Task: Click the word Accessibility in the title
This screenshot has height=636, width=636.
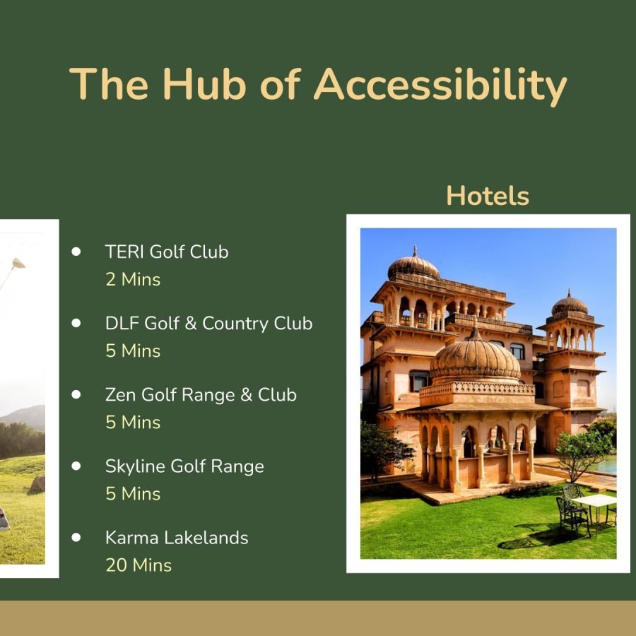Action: coord(440,85)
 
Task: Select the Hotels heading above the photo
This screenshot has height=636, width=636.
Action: coord(488,196)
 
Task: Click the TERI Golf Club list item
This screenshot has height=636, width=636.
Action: coord(167,252)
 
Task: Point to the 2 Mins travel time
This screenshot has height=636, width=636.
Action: coord(133,280)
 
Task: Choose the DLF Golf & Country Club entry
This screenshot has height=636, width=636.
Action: coord(208,323)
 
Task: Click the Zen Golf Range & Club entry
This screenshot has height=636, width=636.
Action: coord(201,394)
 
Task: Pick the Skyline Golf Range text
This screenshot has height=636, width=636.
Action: coord(184,466)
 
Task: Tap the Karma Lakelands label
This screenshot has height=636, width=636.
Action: coord(177,538)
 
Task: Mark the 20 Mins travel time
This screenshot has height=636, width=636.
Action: coord(139,565)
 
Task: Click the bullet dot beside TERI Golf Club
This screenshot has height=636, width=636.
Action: coord(76,251)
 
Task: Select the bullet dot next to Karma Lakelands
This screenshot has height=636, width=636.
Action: coord(76,537)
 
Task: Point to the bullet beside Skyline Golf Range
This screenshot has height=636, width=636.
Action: coord(76,466)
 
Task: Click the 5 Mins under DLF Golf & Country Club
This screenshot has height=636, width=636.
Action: coord(133,351)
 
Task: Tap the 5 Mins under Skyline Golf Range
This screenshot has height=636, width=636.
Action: coord(133,494)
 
